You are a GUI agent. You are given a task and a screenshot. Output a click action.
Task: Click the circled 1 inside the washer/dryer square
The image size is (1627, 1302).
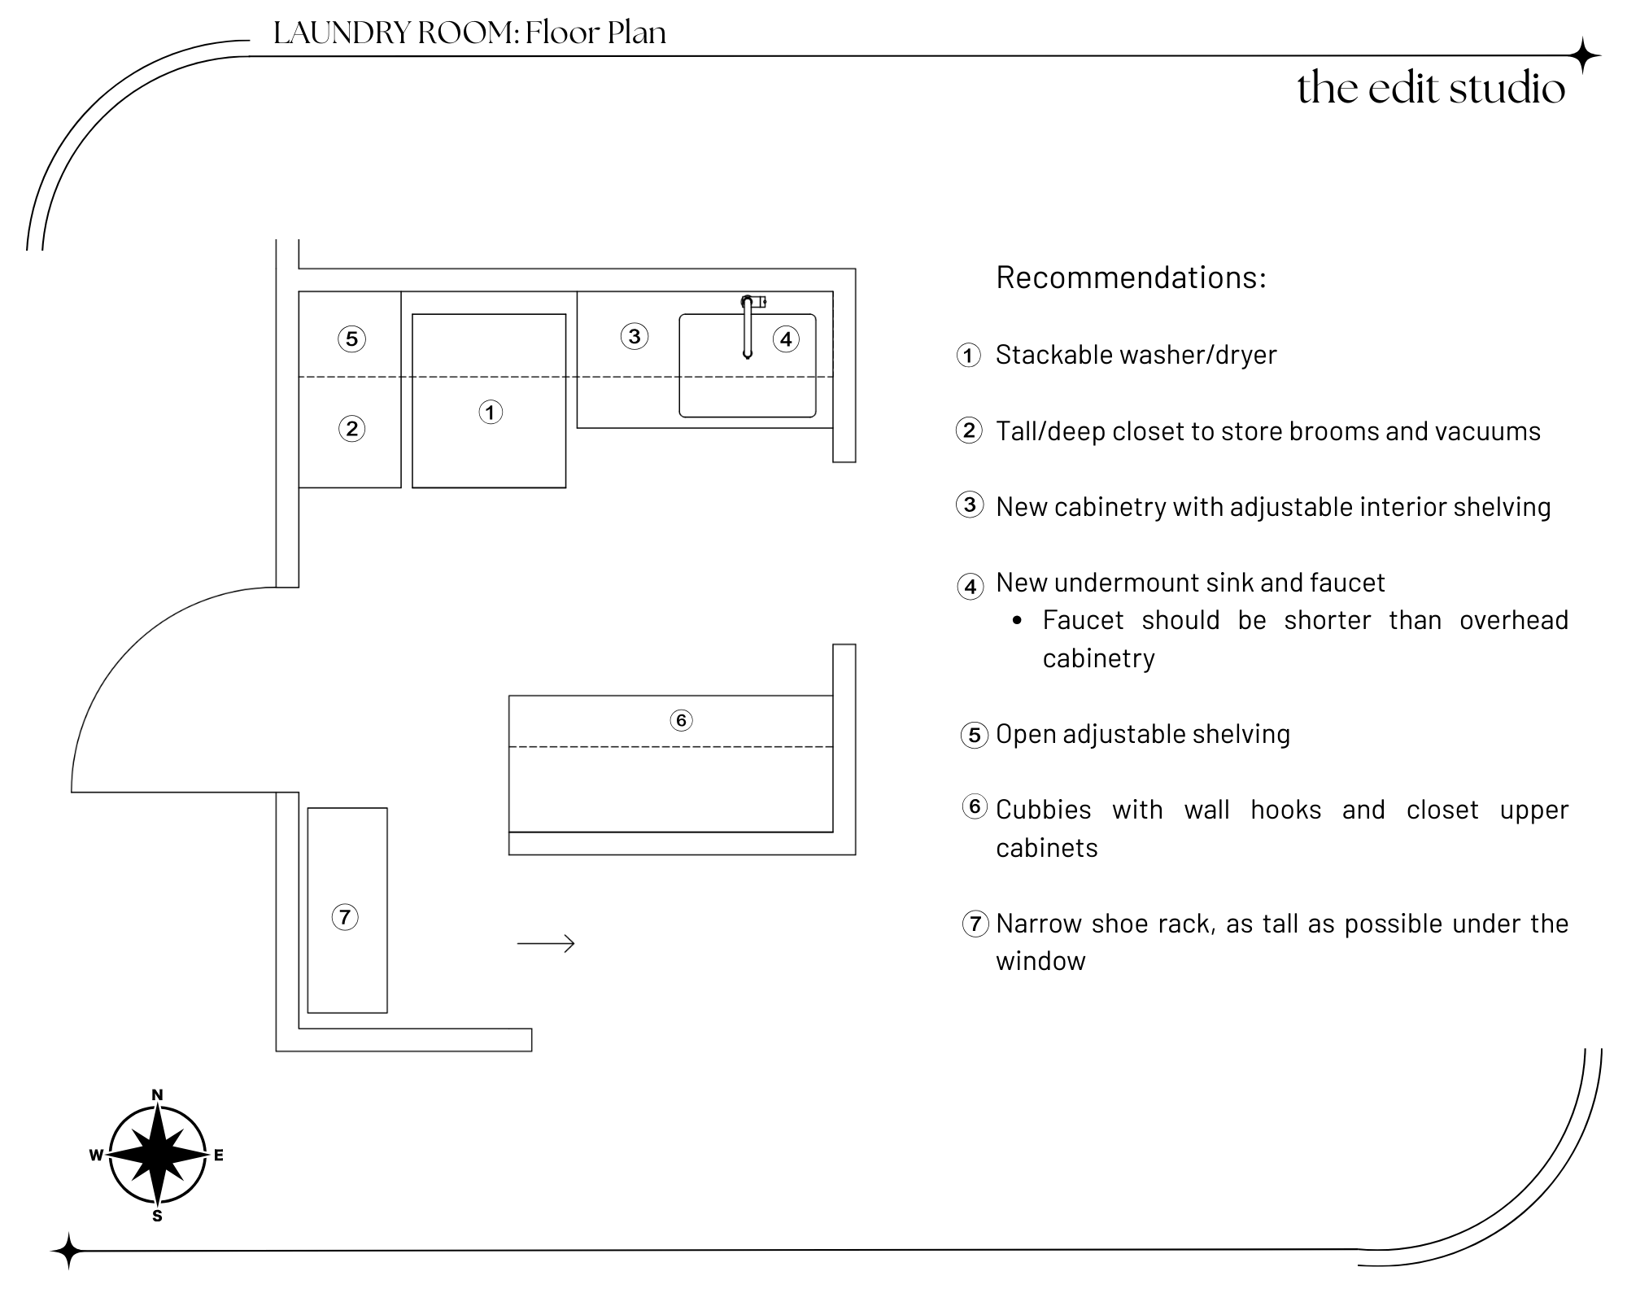tap(490, 413)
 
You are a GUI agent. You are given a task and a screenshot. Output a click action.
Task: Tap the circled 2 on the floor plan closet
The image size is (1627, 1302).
tap(351, 429)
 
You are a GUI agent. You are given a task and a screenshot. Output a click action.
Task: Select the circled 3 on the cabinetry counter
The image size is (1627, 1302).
tap(635, 336)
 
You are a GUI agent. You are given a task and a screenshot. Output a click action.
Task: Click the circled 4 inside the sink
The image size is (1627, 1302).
tap(786, 339)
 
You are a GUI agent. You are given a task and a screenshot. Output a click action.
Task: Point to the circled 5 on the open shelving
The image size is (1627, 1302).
tap(351, 339)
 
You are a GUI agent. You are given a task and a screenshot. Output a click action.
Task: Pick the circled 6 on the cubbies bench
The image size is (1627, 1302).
tap(681, 720)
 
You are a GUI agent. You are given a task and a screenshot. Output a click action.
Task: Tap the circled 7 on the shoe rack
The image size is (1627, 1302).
tap(345, 918)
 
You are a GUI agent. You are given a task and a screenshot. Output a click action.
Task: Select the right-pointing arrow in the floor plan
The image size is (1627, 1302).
tap(546, 944)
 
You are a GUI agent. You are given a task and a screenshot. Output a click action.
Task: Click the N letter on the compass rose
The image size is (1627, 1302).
tap(158, 1095)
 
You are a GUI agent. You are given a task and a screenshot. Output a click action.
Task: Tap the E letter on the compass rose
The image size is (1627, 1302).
tap(219, 1156)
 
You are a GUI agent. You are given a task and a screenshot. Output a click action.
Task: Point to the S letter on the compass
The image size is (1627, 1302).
tap(158, 1217)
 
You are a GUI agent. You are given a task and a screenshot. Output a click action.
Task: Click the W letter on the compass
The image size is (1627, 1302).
tap(96, 1156)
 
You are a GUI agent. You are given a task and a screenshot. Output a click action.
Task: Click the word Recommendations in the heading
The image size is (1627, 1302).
tap(1131, 277)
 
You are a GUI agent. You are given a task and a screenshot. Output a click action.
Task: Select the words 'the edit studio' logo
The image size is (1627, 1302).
tap(1431, 88)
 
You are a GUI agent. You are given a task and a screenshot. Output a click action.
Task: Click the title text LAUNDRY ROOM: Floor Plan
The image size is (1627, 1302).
tap(469, 33)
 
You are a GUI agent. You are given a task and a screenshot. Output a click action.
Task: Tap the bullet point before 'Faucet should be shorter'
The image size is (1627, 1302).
tap(1018, 621)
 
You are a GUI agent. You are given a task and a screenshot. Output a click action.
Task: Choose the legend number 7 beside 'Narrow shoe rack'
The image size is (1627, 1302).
tap(975, 924)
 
